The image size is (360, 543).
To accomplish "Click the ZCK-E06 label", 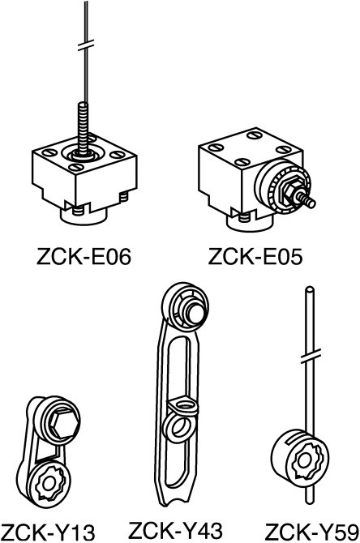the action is (x=84, y=257).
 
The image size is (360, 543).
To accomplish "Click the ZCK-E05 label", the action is (x=255, y=257).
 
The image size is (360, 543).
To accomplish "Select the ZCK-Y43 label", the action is (x=176, y=530).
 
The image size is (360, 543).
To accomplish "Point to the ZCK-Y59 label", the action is (x=312, y=533).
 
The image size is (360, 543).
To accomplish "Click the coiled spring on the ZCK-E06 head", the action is (x=83, y=128).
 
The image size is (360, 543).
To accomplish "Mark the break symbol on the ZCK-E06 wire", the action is (x=86, y=45).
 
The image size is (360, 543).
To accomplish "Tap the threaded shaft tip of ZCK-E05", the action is (x=308, y=200).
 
